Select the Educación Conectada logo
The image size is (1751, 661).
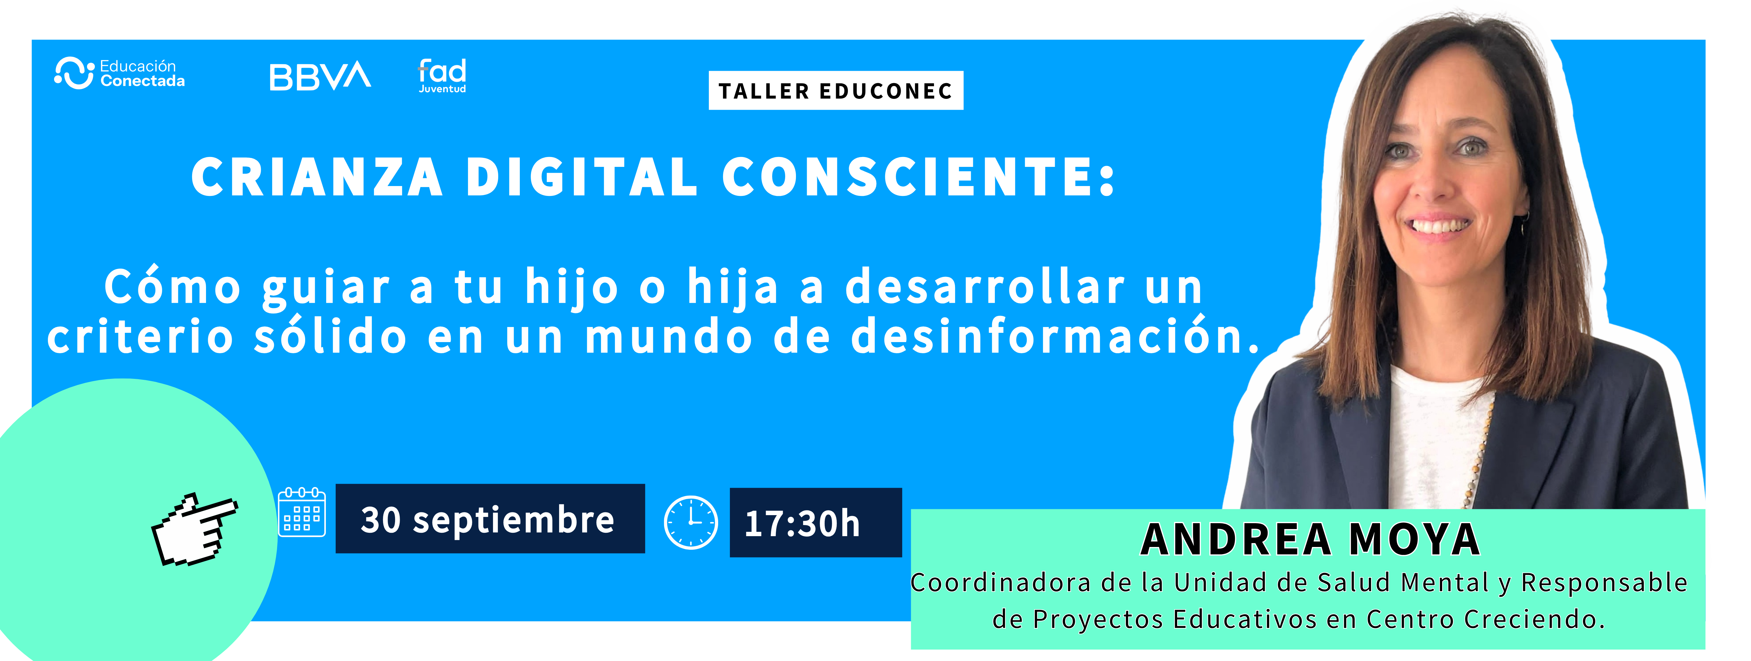(x=120, y=73)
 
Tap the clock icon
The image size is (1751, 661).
(x=691, y=522)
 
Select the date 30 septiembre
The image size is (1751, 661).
(x=488, y=520)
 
